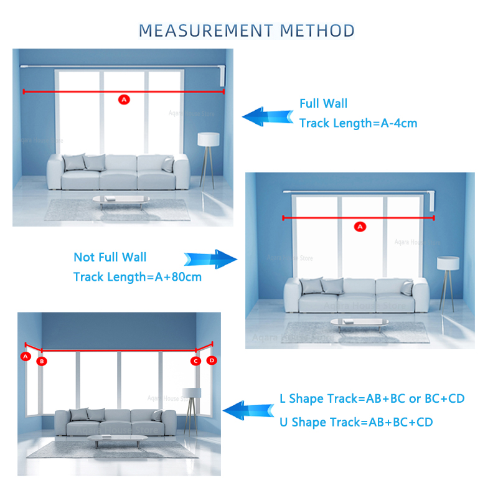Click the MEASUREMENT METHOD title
247,31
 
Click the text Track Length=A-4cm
358,123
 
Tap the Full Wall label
323,103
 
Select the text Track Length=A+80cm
138,276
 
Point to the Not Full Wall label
110,257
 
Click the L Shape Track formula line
372,398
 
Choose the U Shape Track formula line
356,422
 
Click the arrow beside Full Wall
267,116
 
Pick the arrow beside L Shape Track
248,411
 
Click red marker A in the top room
123,100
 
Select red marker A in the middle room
359,227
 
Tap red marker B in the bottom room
42,361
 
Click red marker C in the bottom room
195,361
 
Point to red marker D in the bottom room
212,360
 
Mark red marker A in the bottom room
26,357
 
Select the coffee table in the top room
121,199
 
